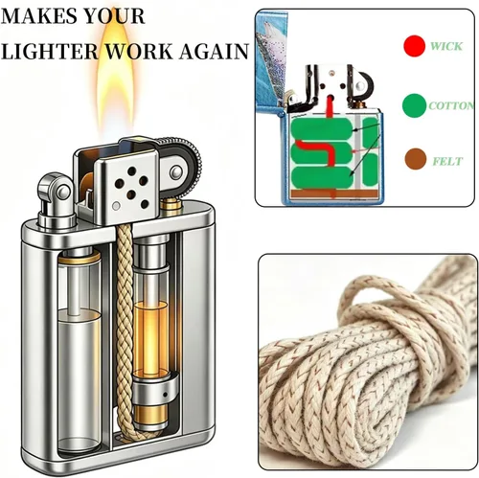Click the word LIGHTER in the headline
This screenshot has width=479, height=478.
pos(50,51)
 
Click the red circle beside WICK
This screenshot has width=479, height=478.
pos(414,46)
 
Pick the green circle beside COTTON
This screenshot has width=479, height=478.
pos(414,105)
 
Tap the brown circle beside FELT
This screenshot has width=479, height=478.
pos(416,159)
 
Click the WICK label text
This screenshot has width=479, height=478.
pos(446,46)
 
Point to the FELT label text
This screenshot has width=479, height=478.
pos(447,161)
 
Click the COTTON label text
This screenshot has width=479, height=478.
pos(451,105)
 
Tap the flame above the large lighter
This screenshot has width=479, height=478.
pos(116,83)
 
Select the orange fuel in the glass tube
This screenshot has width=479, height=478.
pos(150,338)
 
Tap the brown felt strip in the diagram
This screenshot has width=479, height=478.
pos(332,193)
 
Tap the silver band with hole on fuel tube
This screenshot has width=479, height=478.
pos(155,392)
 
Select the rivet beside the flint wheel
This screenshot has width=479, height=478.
pos(175,172)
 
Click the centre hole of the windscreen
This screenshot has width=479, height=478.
pos(131,193)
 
